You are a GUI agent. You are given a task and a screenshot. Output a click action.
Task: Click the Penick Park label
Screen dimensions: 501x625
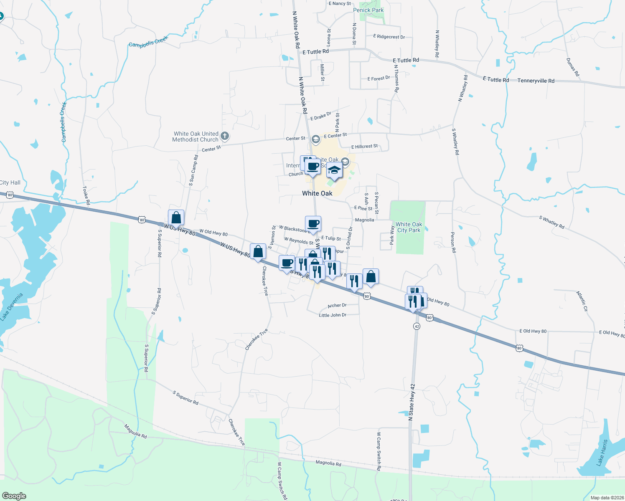click(368, 10)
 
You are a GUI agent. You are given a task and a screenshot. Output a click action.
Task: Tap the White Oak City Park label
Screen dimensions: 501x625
click(409, 227)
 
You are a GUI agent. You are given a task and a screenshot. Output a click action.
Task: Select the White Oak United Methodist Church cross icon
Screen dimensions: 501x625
click(225, 136)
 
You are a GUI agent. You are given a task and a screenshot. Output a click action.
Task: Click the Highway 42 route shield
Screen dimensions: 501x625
click(417, 326)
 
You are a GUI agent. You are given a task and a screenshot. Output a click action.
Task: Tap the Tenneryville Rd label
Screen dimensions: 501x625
click(536, 81)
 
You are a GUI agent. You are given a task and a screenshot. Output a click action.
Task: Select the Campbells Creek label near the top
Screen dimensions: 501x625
click(148, 42)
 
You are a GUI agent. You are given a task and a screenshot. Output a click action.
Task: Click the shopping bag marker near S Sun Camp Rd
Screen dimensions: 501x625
click(176, 218)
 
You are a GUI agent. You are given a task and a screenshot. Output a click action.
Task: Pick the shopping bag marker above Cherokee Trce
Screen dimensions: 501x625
click(258, 252)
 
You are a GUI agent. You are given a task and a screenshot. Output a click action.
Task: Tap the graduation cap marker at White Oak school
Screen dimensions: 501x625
click(334, 170)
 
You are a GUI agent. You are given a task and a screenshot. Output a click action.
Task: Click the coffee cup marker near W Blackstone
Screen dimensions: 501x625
click(313, 224)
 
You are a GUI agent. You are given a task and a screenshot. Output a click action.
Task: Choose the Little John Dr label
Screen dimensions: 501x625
click(333, 315)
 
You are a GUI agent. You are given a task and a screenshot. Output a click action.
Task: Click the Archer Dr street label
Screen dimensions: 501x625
click(337, 306)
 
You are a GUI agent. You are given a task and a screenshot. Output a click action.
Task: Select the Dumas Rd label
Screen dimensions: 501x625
click(573, 67)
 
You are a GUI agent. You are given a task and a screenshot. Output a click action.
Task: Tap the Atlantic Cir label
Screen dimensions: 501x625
click(582, 301)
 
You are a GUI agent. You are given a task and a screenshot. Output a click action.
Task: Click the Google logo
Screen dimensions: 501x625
click(14, 496)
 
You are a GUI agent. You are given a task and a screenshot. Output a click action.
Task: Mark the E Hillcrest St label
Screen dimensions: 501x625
click(364, 147)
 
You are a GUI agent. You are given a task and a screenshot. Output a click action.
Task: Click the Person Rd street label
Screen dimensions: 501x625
click(453, 243)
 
